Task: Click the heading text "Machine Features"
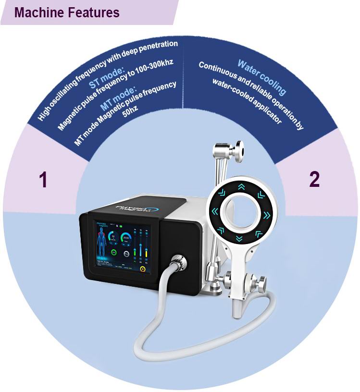pos(67,12)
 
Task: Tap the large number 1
pos(43,180)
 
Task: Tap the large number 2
pos(314,179)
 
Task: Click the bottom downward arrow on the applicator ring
pos(239,239)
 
